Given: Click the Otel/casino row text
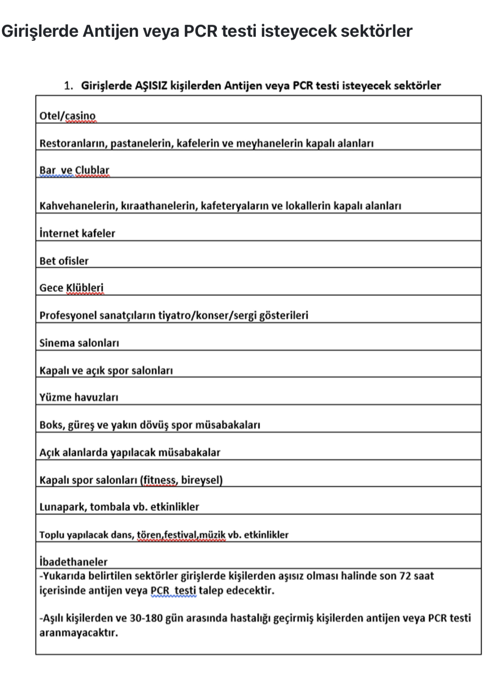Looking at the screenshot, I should tap(67, 116).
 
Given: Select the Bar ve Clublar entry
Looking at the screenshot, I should tap(74, 170).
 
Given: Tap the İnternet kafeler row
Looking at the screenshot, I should tap(77, 233).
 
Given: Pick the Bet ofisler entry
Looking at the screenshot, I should tap(64, 261).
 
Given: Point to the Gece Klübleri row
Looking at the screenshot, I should tap(71, 287).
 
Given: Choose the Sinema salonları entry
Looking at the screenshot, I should tap(79, 343).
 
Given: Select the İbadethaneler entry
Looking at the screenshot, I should tap(73, 561).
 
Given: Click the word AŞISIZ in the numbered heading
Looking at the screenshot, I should tap(151, 85).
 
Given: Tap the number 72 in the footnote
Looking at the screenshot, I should tap(405, 576).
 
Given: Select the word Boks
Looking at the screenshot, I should tap(51, 425).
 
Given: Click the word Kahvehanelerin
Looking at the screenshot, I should tap(78, 206).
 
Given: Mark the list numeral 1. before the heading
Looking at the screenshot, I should tap(69, 86).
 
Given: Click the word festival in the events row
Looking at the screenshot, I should tap(181, 535).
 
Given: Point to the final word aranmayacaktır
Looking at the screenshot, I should tap(78, 633).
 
